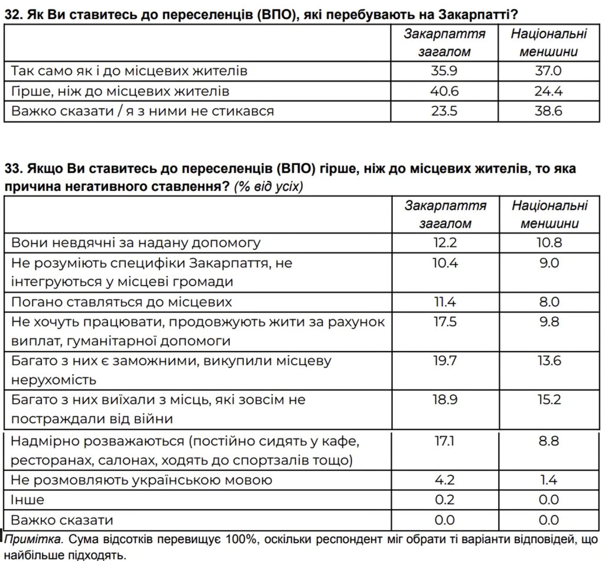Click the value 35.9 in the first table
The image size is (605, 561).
click(445, 72)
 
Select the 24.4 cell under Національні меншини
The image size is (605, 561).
click(549, 91)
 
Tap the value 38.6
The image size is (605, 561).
click(549, 111)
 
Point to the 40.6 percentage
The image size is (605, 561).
click(445, 91)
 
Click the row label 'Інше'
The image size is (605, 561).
click(27, 500)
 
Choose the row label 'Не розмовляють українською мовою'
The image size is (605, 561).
click(142, 480)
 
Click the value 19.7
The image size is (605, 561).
click(445, 361)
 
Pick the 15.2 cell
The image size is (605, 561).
click(549, 400)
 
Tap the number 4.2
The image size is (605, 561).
click(445, 480)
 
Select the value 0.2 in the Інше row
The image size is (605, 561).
click(445, 500)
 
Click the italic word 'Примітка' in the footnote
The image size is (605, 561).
click(33, 540)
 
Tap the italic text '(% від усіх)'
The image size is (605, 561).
click(269, 187)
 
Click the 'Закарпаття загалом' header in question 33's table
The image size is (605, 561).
click(445, 214)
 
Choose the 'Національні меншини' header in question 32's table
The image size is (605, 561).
click(549, 42)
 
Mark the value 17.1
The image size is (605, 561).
click(445, 441)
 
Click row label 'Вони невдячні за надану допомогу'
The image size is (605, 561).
click(136, 243)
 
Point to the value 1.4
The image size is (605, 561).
click(549, 480)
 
